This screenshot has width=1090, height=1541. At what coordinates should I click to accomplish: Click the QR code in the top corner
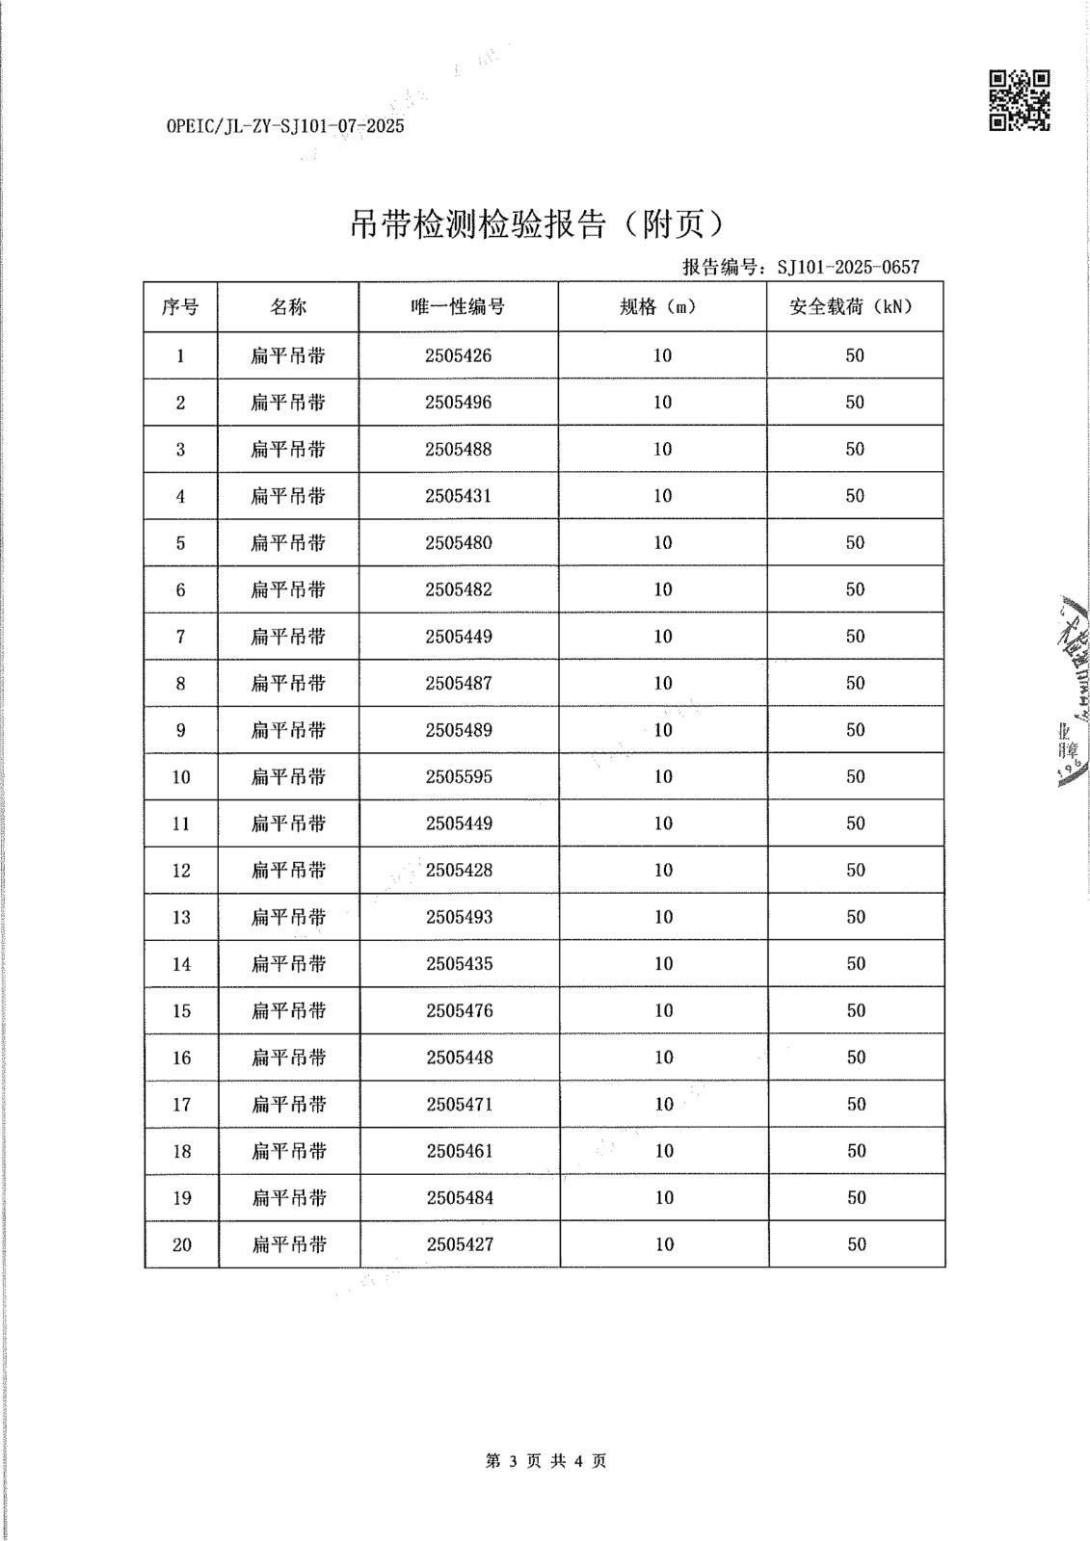click(1020, 99)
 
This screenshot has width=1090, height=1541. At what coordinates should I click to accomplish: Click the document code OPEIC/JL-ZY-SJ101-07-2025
click(285, 126)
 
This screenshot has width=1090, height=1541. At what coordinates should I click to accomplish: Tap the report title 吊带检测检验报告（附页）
click(536, 225)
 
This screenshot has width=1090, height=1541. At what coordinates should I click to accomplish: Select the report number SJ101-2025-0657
click(848, 267)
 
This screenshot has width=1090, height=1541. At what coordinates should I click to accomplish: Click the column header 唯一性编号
click(458, 307)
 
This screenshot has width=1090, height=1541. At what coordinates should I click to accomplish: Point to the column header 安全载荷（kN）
click(854, 307)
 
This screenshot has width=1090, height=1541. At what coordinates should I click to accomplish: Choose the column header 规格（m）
click(661, 307)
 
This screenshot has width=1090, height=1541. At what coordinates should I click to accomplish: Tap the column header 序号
click(180, 307)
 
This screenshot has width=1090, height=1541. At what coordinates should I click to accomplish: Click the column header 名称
click(288, 307)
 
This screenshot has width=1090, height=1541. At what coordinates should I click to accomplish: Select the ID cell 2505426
click(458, 355)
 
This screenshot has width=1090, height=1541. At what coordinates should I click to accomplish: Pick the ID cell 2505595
click(459, 776)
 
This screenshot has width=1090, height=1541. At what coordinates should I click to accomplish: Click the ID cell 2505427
click(460, 1244)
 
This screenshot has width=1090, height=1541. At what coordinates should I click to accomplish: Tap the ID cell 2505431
click(458, 496)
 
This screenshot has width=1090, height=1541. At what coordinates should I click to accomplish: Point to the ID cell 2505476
click(460, 1010)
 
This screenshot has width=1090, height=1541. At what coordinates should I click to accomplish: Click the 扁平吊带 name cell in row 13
click(289, 917)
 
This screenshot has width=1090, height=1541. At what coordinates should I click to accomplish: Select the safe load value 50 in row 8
click(855, 683)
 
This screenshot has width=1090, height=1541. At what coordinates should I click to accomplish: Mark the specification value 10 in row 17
click(664, 1104)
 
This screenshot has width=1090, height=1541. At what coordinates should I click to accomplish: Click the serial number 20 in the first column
click(182, 1244)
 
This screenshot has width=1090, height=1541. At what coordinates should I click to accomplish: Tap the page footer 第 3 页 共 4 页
click(545, 1461)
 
